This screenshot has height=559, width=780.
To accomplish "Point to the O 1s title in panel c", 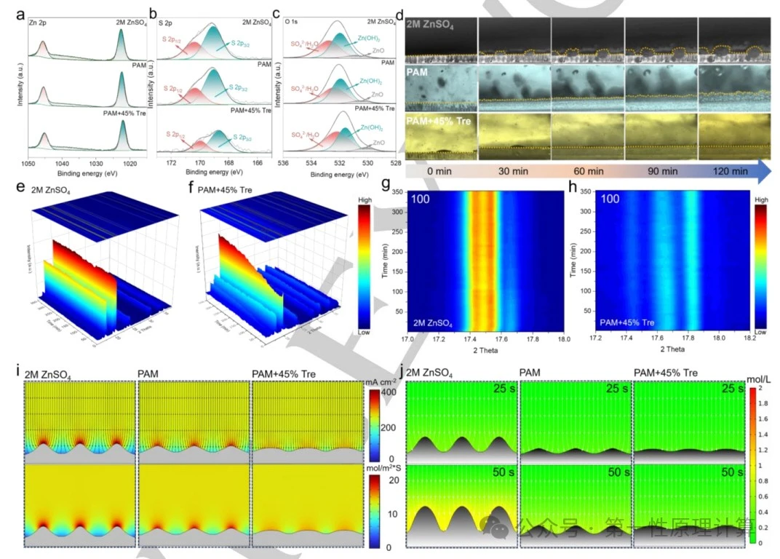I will [293, 23].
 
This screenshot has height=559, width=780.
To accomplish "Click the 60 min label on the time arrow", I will [588, 171].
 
